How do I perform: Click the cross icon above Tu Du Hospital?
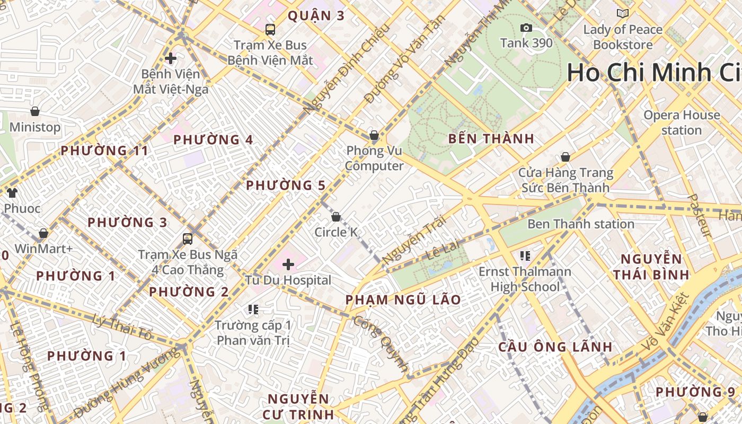pos(288,264)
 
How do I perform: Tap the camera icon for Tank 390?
pos(526,28)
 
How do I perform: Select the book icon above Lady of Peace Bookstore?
pos(623,13)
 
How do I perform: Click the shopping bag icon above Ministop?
pos(35,111)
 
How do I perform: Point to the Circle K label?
pos(336,232)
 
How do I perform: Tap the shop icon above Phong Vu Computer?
pos(374,135)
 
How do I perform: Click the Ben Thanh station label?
pos(580,224)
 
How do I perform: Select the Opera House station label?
pos(682,122)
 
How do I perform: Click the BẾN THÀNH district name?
pos(491,139)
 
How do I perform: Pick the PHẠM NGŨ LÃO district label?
pos(403,300)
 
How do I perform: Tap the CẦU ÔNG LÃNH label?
pos(555,347)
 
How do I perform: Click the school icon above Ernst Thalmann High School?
pos(525,256)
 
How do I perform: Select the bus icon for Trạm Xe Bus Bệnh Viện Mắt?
pos(270,29)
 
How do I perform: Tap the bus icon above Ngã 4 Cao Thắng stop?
pos(188,238)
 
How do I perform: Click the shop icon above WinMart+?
pos(43,233)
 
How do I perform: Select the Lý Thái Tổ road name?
pos(122,326)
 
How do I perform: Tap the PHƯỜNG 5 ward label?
pos(286,185)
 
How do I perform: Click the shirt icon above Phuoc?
pos(12,193)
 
